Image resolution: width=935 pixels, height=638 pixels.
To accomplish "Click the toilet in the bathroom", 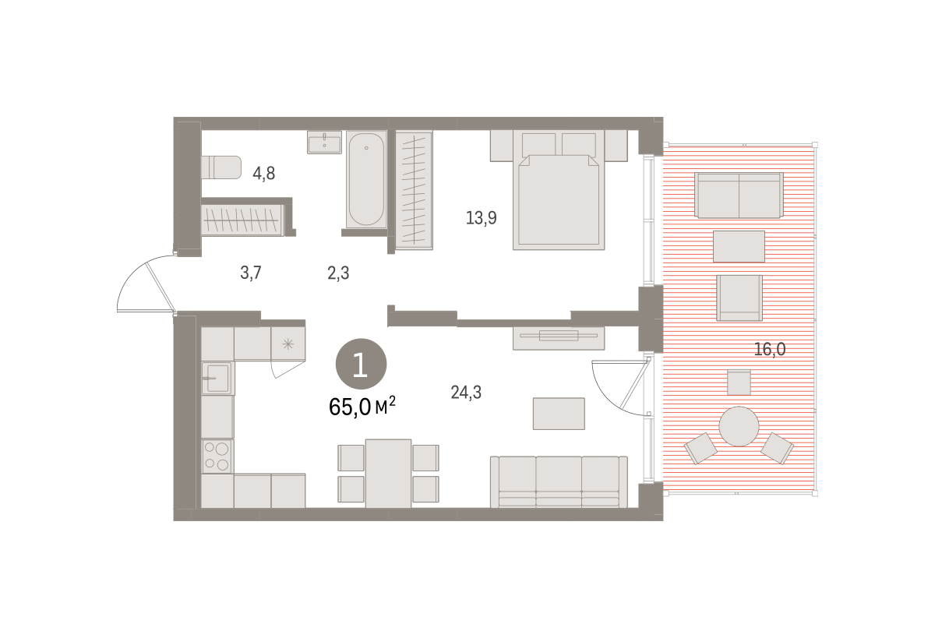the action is (x=221, y=167).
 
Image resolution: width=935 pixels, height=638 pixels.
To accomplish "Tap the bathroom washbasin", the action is (x=324, y=143).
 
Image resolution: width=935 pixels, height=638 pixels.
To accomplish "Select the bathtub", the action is (x=366, y=179).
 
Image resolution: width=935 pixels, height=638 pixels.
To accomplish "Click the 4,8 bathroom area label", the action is (x=264, y=173).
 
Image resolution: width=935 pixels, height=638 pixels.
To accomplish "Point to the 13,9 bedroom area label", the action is (x=482, y=218).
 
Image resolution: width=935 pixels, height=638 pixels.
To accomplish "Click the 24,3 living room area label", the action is (x=466, y=393).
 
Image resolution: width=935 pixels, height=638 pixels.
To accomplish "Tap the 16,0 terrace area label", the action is (x=770, y=349).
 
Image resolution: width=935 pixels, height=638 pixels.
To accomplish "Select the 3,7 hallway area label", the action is (x=250, y=273).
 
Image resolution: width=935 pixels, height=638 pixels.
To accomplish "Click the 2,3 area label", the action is (x=338, y=273).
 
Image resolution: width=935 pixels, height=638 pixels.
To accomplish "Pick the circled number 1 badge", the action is (x=361, y=364).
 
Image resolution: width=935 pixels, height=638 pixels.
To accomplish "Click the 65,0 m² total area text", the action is (x=362, y=407).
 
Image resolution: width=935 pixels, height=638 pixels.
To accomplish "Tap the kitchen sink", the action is (x=217, y=378).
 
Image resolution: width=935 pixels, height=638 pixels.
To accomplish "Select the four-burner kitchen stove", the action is (x=217, y=456).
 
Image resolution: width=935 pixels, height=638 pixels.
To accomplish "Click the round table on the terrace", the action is (x=739, y=426).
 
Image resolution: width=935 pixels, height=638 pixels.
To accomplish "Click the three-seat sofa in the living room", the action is (x=559, y=481).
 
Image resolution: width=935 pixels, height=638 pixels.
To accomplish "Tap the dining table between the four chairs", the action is (x=388, y=473).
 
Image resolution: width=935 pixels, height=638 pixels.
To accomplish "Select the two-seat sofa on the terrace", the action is (x=739, y=195).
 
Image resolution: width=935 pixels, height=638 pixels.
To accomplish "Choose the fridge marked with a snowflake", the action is (x=288, y=344).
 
